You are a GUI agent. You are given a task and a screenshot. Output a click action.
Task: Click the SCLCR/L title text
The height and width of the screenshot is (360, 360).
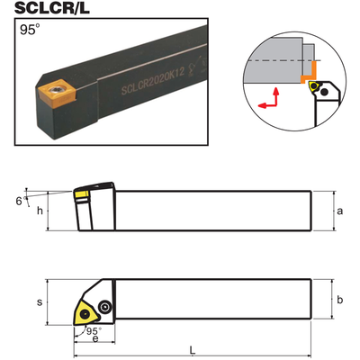[x=52, y=8]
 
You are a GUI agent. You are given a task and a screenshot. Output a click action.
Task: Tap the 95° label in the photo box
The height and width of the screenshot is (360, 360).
[x=30, y=30]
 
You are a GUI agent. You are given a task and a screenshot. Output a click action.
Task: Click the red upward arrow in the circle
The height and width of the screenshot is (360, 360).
[x=276, y=96]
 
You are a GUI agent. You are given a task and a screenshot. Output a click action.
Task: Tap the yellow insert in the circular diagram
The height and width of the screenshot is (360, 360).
[x=313, y=86]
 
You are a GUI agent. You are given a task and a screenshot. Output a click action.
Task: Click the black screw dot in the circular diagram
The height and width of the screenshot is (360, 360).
[x=324, y=93]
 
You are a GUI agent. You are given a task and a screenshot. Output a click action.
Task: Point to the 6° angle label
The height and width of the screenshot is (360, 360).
[x=21, y=201]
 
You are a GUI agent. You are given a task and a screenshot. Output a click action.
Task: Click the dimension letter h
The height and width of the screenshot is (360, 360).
[x=40, y=211]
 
